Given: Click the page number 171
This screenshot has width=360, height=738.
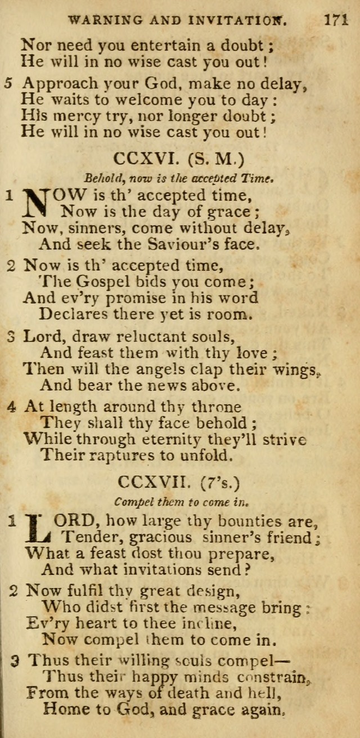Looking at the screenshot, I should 336,22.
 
